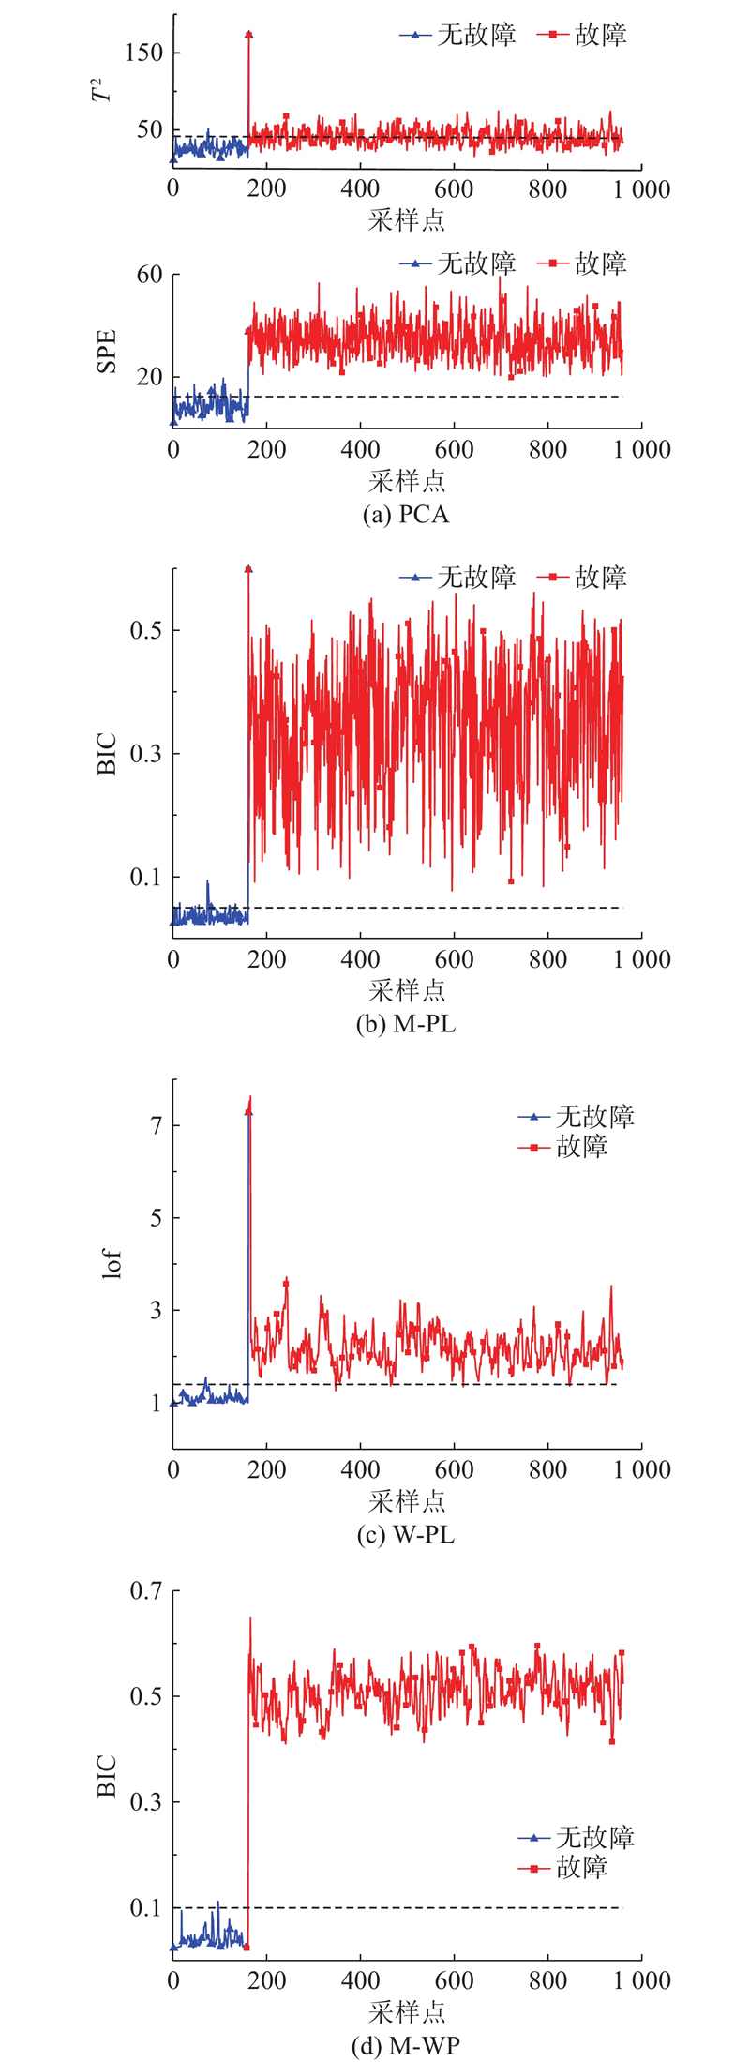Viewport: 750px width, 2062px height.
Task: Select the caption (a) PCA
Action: click(405, 515)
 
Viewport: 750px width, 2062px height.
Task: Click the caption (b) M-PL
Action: click(405, 1024)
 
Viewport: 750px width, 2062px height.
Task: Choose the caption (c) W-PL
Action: click(405, 1535)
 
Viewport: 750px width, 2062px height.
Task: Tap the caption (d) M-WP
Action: click(405, 2045)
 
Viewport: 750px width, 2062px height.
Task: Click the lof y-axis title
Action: click(112, 1265)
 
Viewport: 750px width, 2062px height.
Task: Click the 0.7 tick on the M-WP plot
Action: click(143, 1590)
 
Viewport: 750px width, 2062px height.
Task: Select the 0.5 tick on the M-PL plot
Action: click(143, 629)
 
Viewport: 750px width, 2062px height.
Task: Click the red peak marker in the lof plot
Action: click(249, 1112)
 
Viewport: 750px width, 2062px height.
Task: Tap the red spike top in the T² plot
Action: click(249, 35)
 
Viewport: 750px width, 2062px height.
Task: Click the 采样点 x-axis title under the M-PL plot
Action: click(406, 990)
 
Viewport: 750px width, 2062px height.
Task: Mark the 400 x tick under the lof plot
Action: click(360, 1468)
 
